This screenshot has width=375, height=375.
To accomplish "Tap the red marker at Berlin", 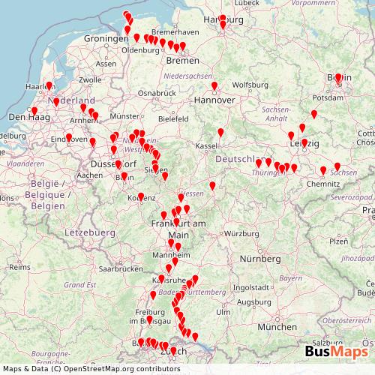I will tap(338, 78).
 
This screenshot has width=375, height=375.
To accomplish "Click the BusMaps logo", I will tap(336, 351).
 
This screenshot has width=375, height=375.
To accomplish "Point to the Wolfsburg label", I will tap(249, 84).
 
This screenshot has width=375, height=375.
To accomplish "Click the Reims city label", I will tap(19, 266).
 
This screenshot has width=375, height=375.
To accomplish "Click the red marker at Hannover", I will tap(214, 87).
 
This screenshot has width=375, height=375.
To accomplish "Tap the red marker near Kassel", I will tap(220, 133).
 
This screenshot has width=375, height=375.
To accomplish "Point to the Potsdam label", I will tap(328, 97).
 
